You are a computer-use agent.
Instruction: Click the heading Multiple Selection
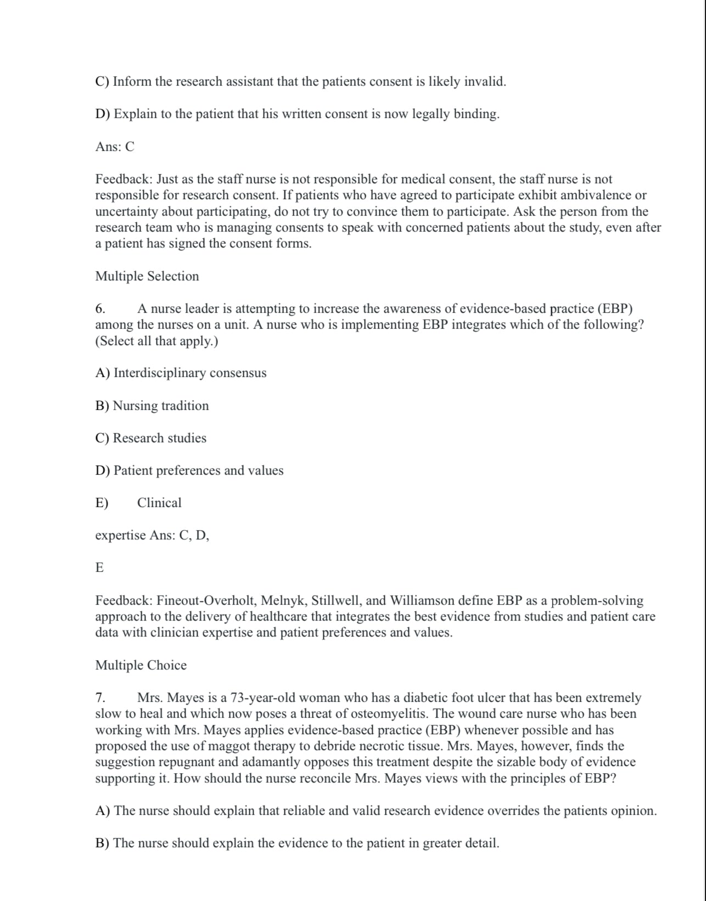pos(147,276)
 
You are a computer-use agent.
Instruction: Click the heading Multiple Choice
pos(141,665)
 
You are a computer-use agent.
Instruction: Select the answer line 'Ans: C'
pos(115,147)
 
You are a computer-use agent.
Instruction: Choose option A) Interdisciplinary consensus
pos(181,373)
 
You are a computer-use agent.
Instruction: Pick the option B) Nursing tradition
pos(152,406)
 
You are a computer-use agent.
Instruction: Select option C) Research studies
pos(150,438)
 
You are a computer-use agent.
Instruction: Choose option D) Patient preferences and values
pos(189,470)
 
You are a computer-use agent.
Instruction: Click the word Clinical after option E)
pos(159,503)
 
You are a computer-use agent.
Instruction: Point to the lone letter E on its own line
pos(99,567)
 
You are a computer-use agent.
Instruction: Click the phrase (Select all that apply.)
pos(156,341)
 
